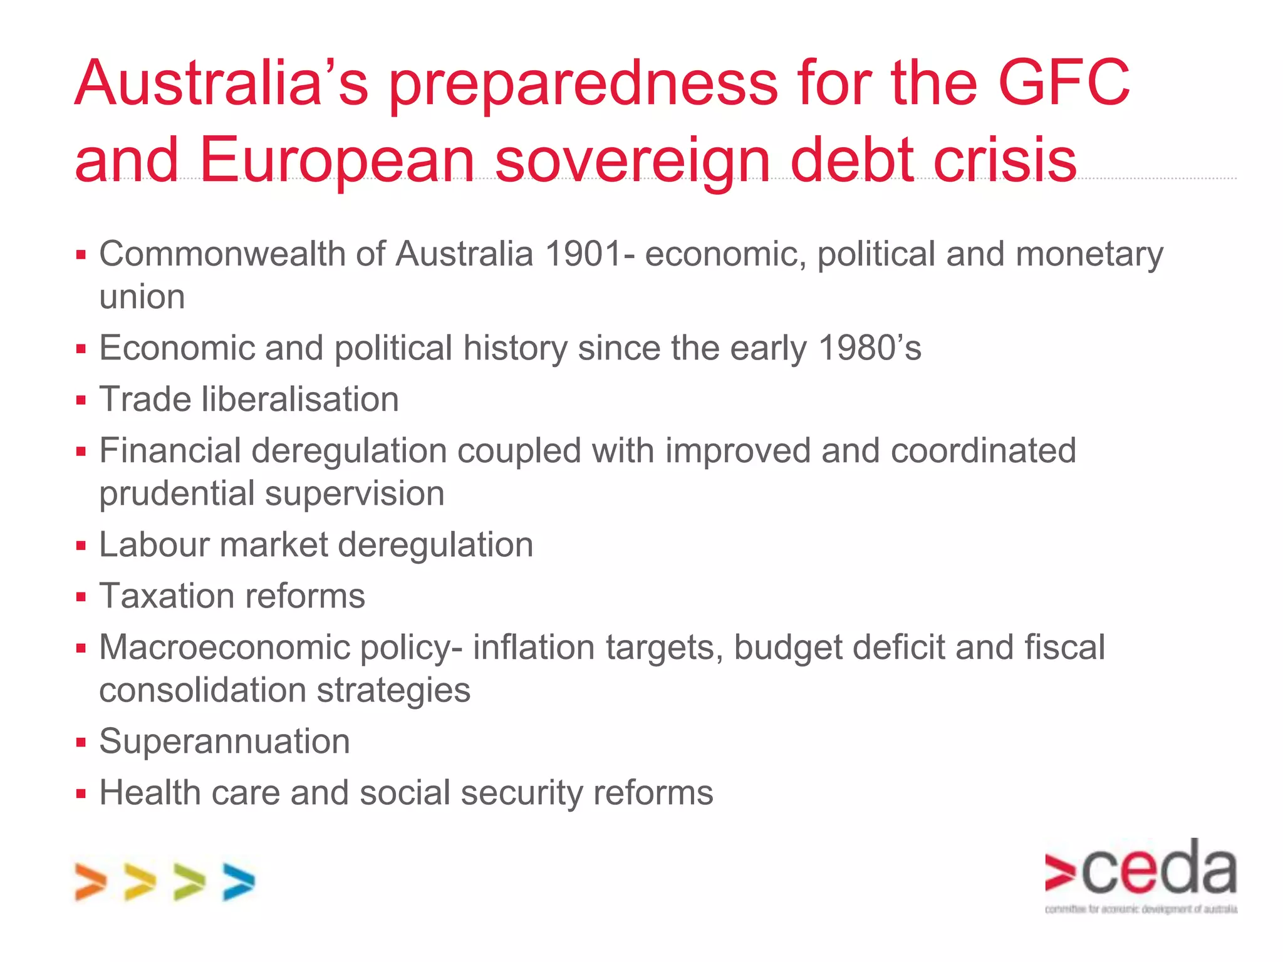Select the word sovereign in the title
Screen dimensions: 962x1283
point(632,162)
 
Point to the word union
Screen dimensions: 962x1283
point(142,297)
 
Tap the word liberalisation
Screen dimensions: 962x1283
point(300,400)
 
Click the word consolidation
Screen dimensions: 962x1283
point(202,691)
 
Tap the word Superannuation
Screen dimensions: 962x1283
point(224,742)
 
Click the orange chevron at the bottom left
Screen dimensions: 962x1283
point(90,882)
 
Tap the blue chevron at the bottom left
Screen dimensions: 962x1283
point(239,882)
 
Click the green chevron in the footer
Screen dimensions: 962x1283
point(189,882)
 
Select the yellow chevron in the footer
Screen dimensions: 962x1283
point(140,882)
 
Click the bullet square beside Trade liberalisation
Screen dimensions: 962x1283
point(81,400)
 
